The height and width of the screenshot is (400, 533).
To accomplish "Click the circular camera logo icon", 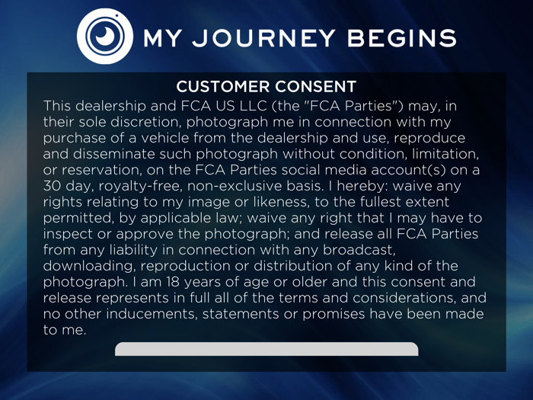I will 106,37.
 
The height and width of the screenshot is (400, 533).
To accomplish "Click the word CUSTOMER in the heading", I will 220,86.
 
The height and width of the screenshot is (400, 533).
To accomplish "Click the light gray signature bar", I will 266,349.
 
